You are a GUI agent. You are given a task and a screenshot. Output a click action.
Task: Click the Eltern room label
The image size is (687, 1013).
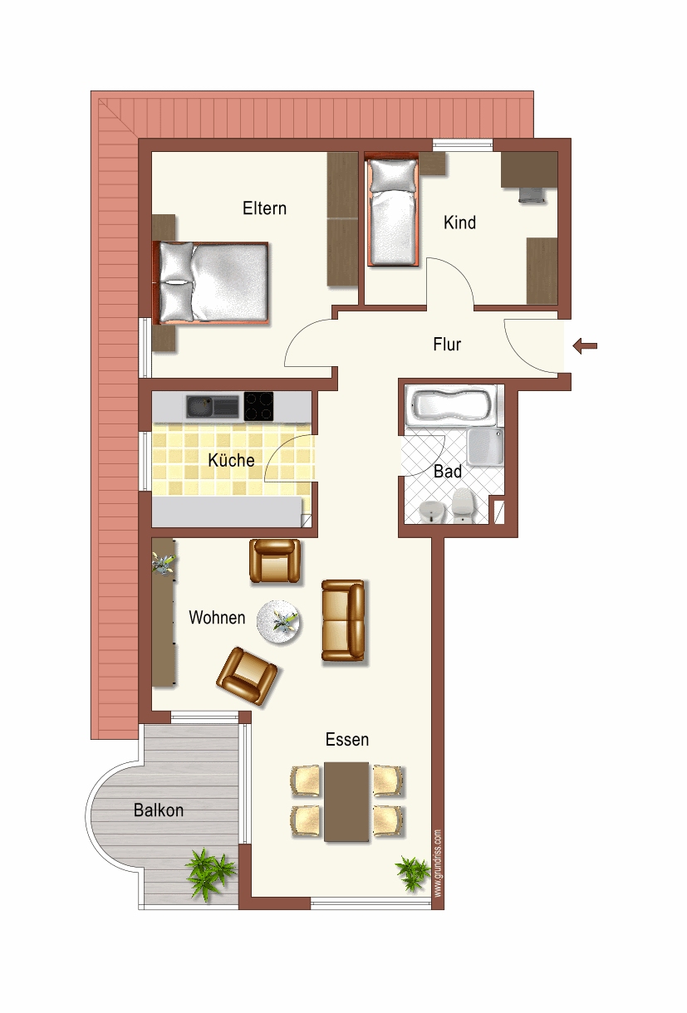[264, 208]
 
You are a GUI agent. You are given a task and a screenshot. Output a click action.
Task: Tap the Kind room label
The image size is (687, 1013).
[459, 223]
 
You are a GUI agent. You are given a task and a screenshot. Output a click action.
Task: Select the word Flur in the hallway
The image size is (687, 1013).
[447, 344]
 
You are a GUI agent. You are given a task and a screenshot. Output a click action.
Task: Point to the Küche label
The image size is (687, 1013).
[231, 460]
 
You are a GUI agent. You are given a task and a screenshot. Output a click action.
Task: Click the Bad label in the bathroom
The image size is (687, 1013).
[447, 472]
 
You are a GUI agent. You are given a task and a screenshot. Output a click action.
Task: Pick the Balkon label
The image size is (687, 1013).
[159, 810]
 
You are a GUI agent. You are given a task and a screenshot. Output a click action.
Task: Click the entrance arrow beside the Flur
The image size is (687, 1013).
[585, 346]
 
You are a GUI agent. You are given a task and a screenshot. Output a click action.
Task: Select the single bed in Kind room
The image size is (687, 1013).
[393, 212]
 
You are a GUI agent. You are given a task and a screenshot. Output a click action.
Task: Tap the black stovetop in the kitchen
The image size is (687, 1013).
[259, 406]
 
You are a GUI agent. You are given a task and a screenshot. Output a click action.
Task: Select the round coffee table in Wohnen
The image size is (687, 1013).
[279, 623]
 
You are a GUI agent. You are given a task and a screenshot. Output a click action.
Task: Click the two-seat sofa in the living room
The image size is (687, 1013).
[343, 622]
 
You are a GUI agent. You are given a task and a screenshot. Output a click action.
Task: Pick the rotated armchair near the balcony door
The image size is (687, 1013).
[247, 676]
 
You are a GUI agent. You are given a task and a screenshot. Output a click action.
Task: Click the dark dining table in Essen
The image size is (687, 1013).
[346, 802]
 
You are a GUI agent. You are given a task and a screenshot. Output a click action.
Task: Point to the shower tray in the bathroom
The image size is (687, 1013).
[484, 447]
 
